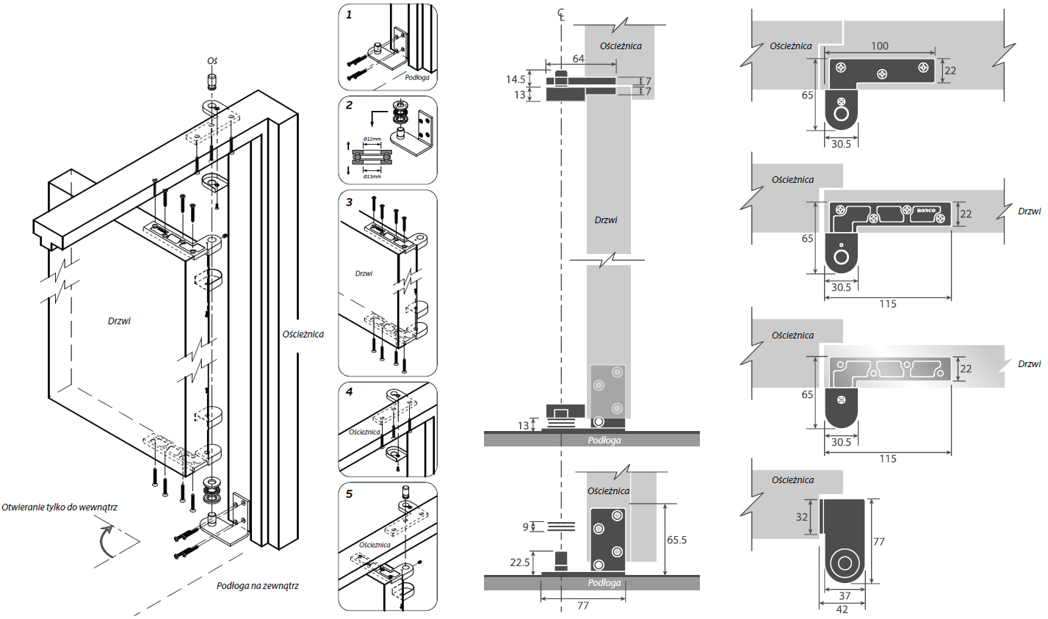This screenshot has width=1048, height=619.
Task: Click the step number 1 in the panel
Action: tap(349, 14)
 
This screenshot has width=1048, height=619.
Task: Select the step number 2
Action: tap(350, 105)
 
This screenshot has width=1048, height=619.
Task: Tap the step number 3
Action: tap(350, 201)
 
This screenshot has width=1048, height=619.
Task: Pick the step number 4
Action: tap(350, 391)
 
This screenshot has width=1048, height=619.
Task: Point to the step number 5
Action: tap(350, 493)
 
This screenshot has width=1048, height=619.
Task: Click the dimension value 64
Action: tap(578, 59)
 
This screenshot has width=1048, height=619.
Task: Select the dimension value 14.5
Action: tap(516, 79)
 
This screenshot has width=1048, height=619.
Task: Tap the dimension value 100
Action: tap(880, 46)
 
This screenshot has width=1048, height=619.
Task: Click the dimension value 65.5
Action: tap(676, 540)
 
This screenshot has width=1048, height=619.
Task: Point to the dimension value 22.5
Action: tap(519, 562)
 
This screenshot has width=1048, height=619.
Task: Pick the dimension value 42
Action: tap(842, 609)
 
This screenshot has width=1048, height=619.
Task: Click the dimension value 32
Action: tap(802, 517)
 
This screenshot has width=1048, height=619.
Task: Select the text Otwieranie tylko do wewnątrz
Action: tap(59, 507)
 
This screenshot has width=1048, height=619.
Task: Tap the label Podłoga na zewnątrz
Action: tap(257, 586)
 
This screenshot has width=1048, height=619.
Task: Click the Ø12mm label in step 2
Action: tap(372, 139)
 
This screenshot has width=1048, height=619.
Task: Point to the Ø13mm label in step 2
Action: tap(372, 176)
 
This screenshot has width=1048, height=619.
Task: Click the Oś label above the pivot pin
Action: tap(212, 61)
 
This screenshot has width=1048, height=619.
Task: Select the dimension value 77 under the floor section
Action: tap(582, 606)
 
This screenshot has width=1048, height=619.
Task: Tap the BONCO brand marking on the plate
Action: tap(926, 211)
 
